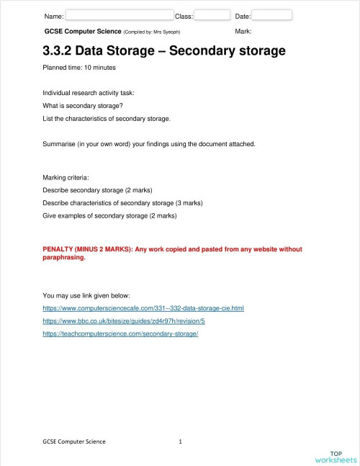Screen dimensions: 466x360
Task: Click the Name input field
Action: click(x=120, y=14)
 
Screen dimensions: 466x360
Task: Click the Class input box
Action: click(x=212, y=14)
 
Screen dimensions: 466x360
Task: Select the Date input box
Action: click(x=271, y=14)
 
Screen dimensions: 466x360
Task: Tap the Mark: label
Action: click(x=243, y=32)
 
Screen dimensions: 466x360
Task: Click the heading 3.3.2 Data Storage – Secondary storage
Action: click(x=164, y=51)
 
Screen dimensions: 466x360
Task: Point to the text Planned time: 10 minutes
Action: click(x=79, y=68)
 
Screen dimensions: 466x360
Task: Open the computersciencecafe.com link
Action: click(x=143, y=308)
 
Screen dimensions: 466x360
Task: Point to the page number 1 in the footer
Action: click(x=180, y=441)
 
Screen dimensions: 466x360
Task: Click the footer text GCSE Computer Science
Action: click(x=74, y=441)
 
